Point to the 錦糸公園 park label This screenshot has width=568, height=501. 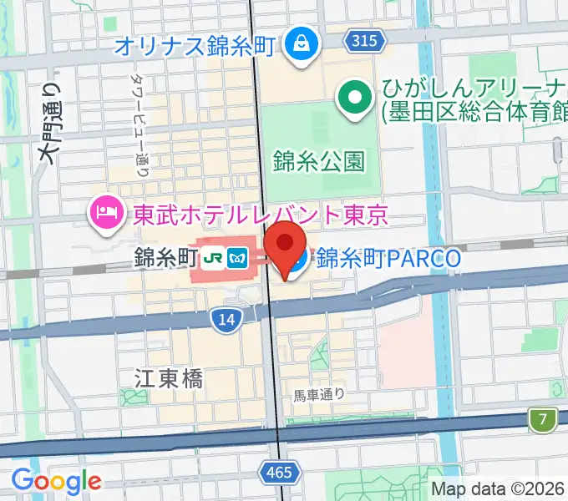coord(319,160)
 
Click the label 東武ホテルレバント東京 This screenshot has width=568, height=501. coord(261,216)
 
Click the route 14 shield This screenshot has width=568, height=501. coord(224,318)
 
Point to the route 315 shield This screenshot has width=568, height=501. coord(364,40)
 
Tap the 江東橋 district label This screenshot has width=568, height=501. coord(168,378)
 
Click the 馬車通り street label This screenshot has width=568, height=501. coord(319,394)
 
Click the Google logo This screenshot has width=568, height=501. coord(56,480)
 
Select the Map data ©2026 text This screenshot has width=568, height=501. coord(498,488)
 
